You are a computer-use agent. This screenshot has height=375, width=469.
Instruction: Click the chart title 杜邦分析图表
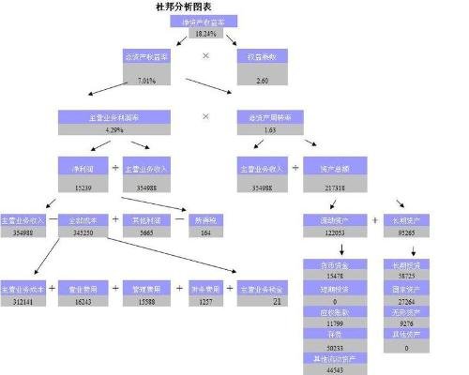tap(204, 7)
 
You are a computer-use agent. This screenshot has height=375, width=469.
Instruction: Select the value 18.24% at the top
tap(204, 34)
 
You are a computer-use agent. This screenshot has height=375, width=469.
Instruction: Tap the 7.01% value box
tap(145, 81)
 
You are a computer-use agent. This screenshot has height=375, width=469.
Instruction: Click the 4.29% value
tap(114, 129)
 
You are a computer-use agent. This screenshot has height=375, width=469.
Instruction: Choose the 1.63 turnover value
tap(269, 129)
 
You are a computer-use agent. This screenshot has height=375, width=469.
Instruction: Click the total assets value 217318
tap(335, 187)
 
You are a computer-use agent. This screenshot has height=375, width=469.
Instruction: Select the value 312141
tap(22, 302)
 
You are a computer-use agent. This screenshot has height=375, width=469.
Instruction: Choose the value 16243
tap(83, 302)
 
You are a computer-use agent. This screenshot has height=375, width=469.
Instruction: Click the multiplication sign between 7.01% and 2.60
tap(204, 56)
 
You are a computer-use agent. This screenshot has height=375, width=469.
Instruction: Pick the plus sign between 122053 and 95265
tap(374, 220)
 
